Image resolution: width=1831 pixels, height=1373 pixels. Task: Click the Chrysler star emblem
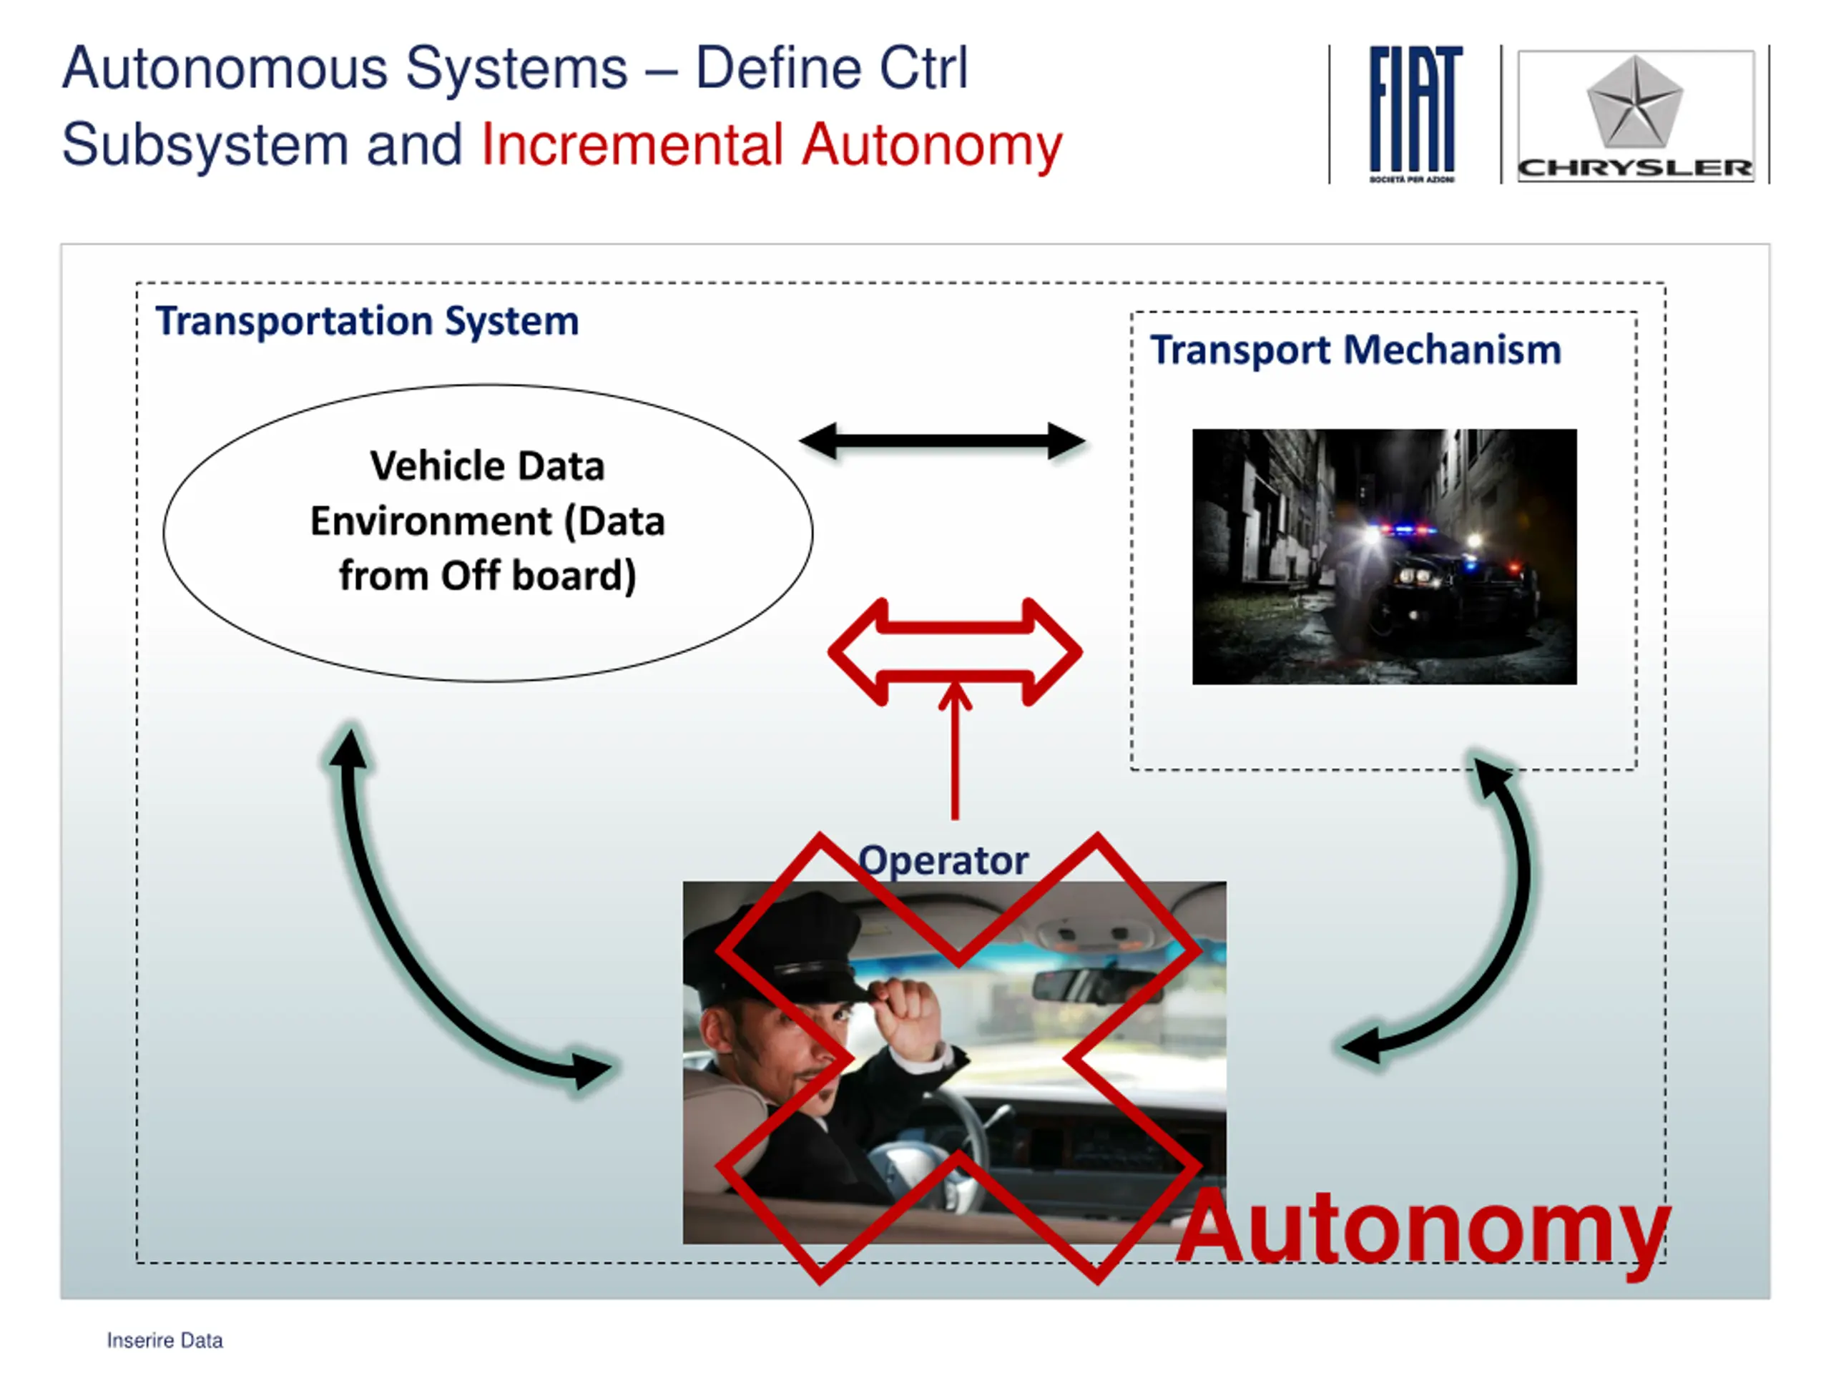point(1634,101)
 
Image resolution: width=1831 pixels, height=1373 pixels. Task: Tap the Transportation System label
point(367,321)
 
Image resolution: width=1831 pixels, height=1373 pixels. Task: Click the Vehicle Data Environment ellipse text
point(488,521)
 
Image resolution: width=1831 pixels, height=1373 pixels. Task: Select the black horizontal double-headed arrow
point(942,441)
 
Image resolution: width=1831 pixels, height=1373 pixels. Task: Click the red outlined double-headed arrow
point(954,651)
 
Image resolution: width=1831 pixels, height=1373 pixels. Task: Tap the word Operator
point(943,861)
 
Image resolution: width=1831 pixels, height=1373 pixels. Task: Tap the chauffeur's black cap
point(786,952)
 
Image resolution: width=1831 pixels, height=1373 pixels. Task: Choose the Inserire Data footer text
point(165,1341)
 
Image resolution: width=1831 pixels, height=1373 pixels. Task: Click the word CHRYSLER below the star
point(1635,168)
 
